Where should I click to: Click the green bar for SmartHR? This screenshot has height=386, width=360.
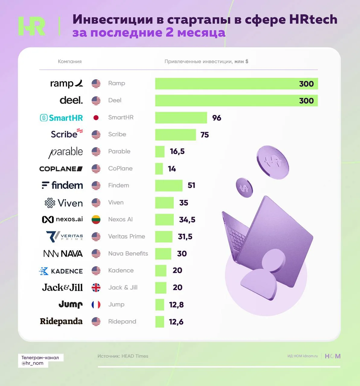pyautogui.click(x=181, y=118)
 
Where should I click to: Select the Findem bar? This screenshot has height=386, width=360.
pyautogui.click(x=169, y=185)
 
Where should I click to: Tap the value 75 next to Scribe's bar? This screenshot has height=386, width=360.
pyautogui.click(x=205, y=135)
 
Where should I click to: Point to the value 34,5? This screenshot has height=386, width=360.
pyautogui.click(x=187, y=220)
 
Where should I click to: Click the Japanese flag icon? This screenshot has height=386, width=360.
pyautogui.click(x=96, y=118)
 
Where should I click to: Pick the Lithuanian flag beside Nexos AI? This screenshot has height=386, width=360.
pyautogui.click(x=96, y=220)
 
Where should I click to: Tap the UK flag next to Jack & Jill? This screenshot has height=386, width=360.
pyautogui.click(x=96, y=288)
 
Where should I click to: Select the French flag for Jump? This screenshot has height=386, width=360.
pyautogui.click(x=96, y=305)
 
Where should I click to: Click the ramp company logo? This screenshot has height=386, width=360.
pyautogui.click(x=66, y=83)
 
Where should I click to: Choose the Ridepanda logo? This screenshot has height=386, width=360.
pyautogui.click(x=61, y=321)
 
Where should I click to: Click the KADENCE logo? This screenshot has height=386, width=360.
pyautogui.click(x=61, y=271)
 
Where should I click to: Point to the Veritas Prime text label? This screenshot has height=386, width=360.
pyautogui.click(x=126, y=236)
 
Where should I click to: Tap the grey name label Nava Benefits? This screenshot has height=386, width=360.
pyautogui.click(x=128, y=254)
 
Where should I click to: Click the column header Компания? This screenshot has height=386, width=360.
pyautogui.click(x=70, y=62)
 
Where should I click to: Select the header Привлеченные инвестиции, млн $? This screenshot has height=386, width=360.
pyautogui.click(x=206, y=62)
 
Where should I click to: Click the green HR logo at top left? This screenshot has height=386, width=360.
pyautogui.click(x=32, y=26)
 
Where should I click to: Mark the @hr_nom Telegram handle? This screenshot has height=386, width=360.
pyautogui.click(x=33, y=363)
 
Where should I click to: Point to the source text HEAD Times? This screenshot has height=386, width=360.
pyautogui.click(x=135, y=356)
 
